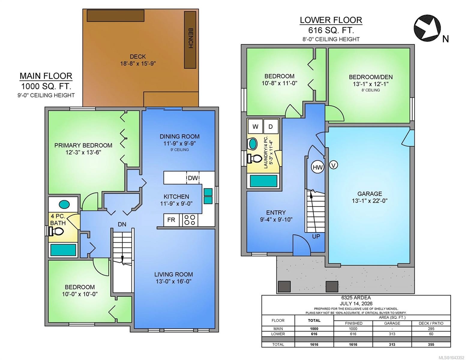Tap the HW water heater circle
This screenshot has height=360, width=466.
317,167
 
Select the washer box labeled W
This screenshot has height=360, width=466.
255,127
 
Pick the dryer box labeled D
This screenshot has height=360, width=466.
271,127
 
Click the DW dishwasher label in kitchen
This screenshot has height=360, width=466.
193,178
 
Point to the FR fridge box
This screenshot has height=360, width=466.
171,220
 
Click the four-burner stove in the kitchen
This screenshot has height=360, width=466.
190,220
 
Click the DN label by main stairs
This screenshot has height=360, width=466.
122,224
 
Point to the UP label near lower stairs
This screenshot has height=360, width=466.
316,236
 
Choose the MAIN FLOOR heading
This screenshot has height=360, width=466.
46,76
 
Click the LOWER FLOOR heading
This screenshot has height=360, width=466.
331,20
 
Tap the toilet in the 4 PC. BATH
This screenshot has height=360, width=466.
56,231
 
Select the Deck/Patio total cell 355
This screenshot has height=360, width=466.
431,344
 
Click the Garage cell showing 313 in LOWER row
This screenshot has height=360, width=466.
392,334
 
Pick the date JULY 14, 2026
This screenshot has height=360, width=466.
356,304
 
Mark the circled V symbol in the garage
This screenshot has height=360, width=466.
333,165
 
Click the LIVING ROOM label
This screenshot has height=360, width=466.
173,274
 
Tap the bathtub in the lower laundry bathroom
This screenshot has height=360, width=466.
263,181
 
